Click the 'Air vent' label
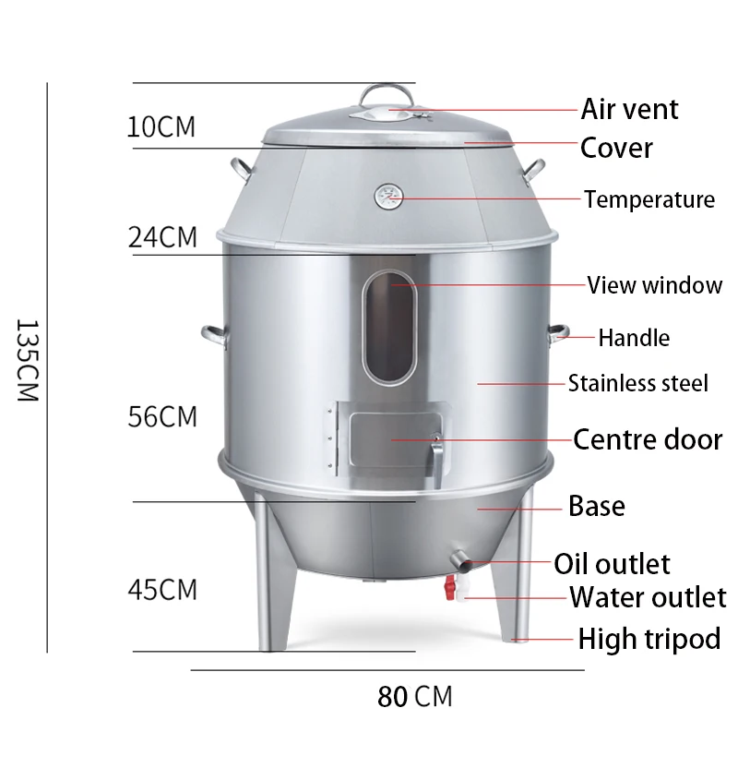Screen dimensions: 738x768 pos(629,109)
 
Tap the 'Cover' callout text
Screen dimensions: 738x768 pos(616,148)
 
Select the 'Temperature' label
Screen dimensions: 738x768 pos(649,199)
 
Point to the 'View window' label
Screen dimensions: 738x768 pos(654,284)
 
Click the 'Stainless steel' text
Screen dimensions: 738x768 pos(637,382)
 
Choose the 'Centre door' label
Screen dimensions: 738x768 pos(647,438)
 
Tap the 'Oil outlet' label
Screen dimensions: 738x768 pos(612,563)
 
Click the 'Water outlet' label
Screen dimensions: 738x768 pos(647,597)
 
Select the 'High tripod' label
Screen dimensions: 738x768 pos(649,638)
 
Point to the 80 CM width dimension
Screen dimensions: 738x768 pos(414,696)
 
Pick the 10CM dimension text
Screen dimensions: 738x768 pos(161,126)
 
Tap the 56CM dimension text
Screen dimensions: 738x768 pos(162,416)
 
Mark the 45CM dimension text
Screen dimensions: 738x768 pos(162,588)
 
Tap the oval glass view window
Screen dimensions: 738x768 pos(388,326)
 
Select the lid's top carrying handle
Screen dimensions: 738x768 pos(387,96)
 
